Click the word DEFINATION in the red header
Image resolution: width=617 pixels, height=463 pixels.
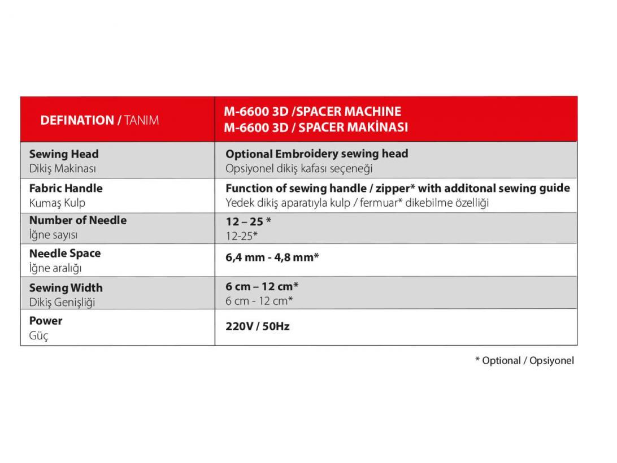tap(77, 120)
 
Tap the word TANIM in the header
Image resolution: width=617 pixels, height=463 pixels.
tap(141, 120)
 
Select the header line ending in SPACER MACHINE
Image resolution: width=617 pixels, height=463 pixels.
tap(312, 111)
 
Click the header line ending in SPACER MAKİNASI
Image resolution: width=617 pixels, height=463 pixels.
tap(316, 127)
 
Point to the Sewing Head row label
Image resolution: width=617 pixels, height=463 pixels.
tap(64, 154)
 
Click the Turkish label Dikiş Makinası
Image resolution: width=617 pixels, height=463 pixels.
tap(63, 168)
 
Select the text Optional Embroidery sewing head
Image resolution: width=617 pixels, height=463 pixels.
tap(316, 154)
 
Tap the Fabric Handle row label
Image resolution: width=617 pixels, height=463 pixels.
tap(66, 188)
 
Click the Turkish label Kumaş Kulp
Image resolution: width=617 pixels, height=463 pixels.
tap(57, 203)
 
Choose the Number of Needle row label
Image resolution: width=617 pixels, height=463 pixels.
tap(77, 220)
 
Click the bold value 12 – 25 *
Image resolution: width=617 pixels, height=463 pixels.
tap(249, 221)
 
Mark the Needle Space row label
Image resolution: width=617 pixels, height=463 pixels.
tap(65, 254)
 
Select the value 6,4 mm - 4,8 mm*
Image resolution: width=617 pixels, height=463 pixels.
tap(272, 257)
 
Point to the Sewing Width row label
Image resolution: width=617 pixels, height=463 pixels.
tap(66, 288)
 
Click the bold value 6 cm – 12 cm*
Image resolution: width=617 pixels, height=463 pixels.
tap(262, 287)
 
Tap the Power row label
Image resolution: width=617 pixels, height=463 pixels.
tap(46, 321)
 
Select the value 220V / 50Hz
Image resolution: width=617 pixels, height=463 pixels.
tap(258, 326)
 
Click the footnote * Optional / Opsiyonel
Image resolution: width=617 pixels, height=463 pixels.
tap(524, 360)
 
